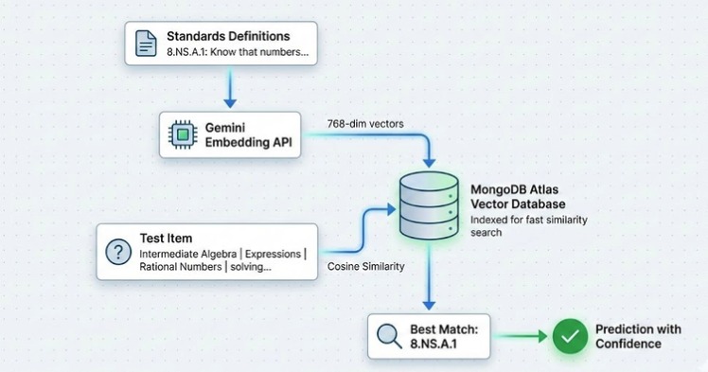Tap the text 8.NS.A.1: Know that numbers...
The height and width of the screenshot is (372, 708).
point(238,52)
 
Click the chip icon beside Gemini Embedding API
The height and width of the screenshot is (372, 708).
point(182,135)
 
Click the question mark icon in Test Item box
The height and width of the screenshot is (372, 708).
point(117,252)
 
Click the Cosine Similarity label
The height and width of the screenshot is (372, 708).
point(366,267)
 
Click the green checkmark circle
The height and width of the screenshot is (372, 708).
point(570,336)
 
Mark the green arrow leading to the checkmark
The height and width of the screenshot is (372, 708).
point(521,336)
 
